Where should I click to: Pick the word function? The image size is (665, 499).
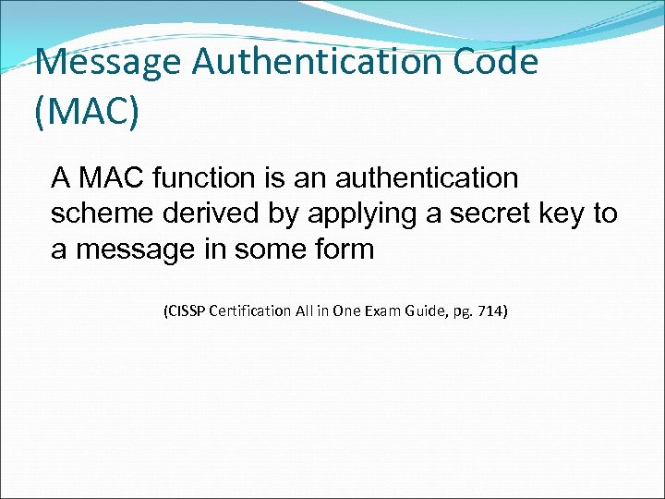[198, 176]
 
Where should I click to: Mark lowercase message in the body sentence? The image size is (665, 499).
[138, 249]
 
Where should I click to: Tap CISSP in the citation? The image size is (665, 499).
[187, 311]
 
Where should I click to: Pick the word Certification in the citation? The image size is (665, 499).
[253, 311]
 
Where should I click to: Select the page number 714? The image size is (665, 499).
[491, 311]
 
